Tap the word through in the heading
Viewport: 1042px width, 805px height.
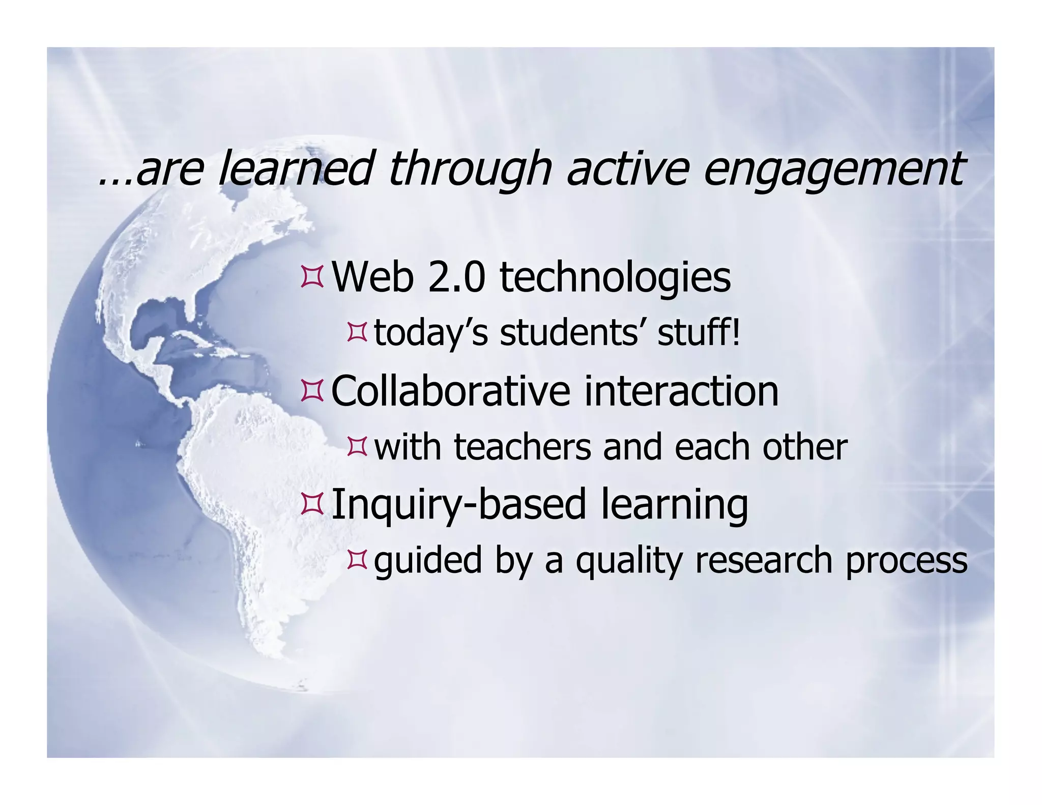click(469, 169)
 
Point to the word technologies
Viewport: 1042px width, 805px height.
click(615, 278)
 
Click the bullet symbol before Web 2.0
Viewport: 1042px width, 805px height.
click(312, 277)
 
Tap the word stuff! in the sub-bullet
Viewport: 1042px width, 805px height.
click(698, 333)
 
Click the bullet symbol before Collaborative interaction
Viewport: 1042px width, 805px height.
click(312, 391)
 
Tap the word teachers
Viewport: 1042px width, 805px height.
click(522, 447)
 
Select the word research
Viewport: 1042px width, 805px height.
click(763, 560)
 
